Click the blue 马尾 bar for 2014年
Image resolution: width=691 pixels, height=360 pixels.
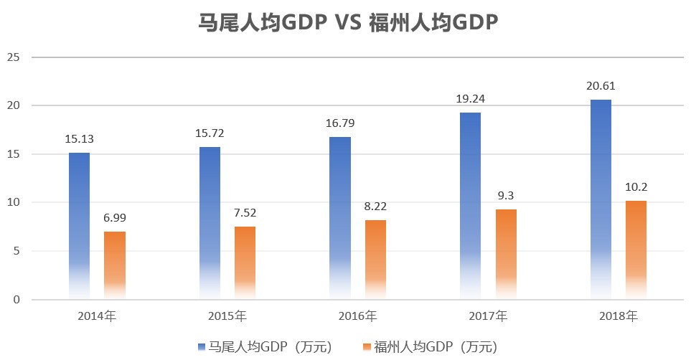point(80,225)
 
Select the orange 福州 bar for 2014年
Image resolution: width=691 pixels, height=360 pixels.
point(115,265)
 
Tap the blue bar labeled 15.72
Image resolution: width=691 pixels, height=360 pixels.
point(210,222)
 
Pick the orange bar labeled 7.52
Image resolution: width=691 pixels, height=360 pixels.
point(245,262)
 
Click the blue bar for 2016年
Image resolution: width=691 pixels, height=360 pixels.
point(340,217)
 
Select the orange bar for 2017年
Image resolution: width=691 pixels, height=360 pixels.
point(506,254)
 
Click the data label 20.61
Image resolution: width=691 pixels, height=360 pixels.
point(601,86)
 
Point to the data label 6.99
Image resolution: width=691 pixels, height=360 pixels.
point(115,218)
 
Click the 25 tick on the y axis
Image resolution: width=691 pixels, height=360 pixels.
point(13,57)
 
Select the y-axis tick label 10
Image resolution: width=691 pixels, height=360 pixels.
point(13,203)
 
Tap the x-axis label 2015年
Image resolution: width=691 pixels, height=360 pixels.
point(227,316)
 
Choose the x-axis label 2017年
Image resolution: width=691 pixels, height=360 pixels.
point(487,316)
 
